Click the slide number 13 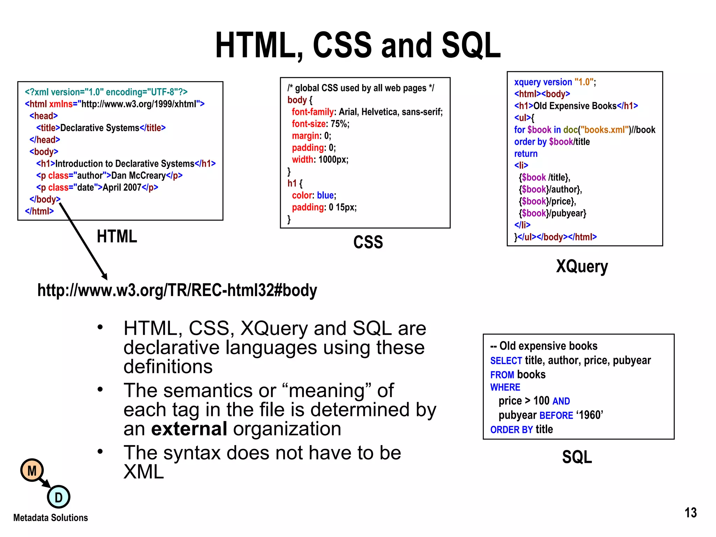(x=690, y=513)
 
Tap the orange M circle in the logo (x=32, y=470)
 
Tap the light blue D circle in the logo (x=58, y=497)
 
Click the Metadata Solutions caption (x=51, y=517)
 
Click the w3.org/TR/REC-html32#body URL (x=177, y=290)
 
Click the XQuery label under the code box (x=582, y=267)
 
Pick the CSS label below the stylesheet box (x=368, y=242)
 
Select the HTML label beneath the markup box (x=117, y=237)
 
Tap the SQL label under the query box (x=577, y=457)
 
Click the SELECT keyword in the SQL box (x=506, y=360)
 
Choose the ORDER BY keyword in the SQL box (x=511, y=430)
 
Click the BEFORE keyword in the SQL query (x=556, y=415)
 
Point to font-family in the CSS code (x=313, y=112)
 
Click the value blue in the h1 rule (x=325, y=195)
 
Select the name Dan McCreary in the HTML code (x=138, y=176)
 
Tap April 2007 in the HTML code (x=122, y=187)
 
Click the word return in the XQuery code (x=526, y=153)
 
